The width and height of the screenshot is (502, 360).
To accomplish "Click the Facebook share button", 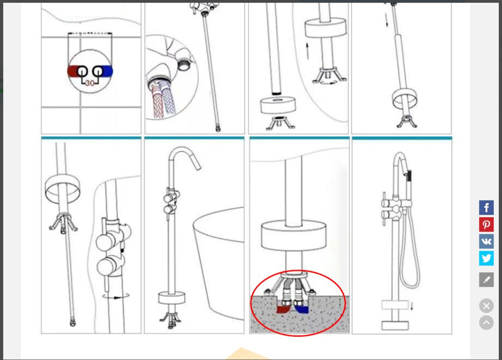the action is (x=486, y=208).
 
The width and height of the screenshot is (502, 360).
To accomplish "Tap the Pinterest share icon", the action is (x=486, y=225).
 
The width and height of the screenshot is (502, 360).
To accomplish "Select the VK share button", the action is (x=486, y=241).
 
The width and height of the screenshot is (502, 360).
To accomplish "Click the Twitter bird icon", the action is (x=486, y=258).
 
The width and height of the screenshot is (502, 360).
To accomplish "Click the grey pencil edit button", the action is (x=486, y=280).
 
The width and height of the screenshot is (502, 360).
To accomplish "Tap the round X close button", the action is (x=486, y=306).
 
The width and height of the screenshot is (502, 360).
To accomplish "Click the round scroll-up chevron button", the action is (x=486, y=322).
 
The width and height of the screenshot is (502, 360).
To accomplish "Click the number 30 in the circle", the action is (x=90, y=83).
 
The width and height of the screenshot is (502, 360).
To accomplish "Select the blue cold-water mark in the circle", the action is (x=107, y=71).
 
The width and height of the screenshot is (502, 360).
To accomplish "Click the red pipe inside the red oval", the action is (x=283, y=309).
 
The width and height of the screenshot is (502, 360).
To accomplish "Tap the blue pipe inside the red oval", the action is (x=302, y=309).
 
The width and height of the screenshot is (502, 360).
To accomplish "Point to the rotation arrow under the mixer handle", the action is (x=116, y=296).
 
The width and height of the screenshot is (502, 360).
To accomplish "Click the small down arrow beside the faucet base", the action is (x=412, y=306).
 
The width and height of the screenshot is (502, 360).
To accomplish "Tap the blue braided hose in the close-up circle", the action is (x=168, y=97).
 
